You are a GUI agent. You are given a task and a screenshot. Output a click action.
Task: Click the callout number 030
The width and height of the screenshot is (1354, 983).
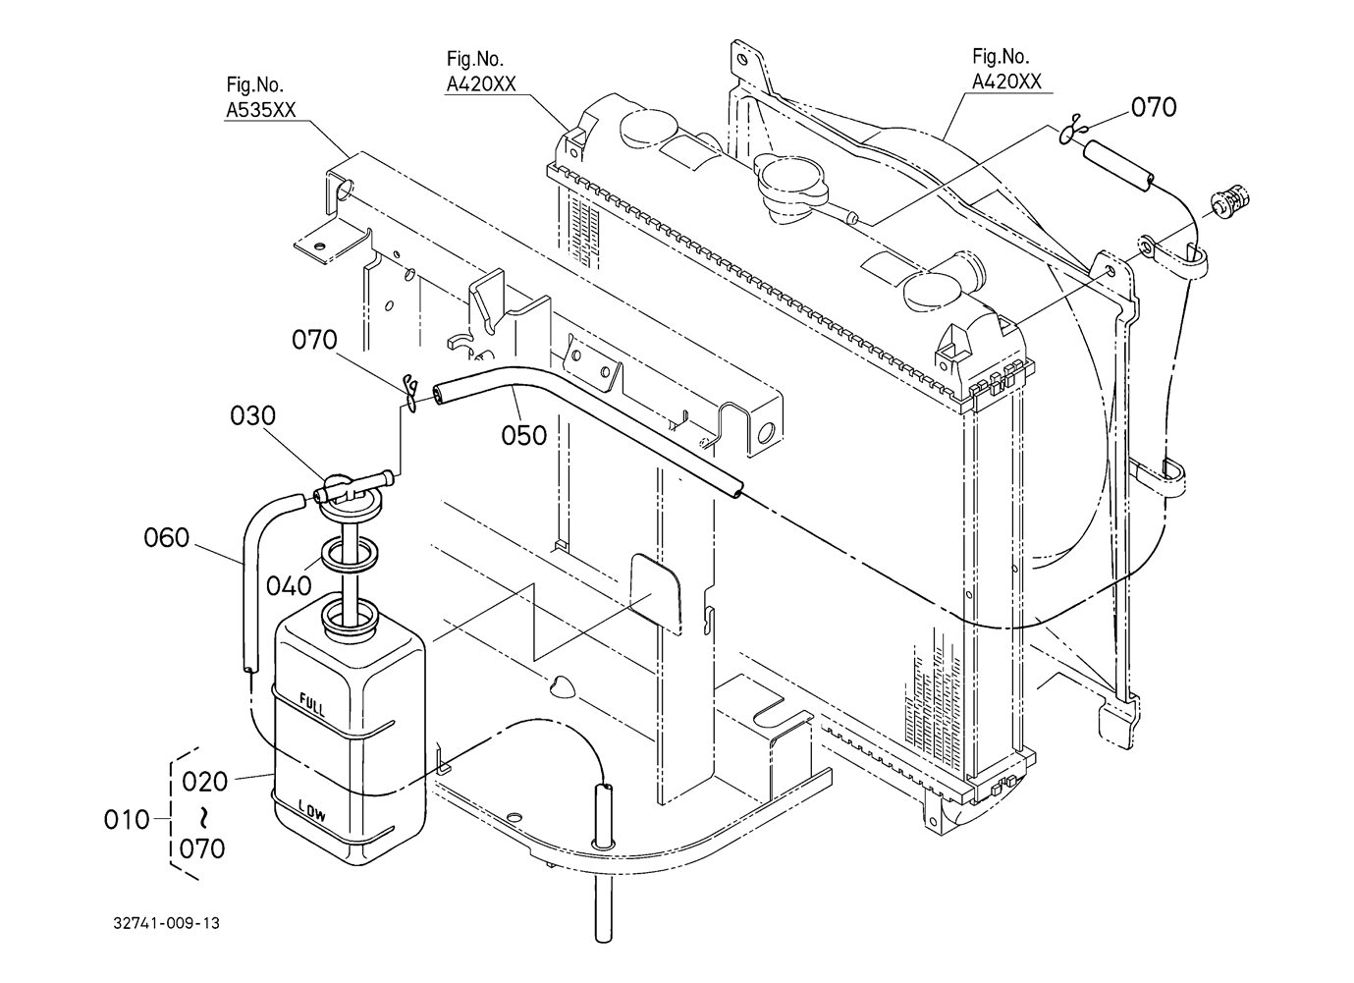pyautogui.click(x=252, y=416)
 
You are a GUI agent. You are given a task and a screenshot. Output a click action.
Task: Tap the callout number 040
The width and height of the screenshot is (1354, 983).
pyautogui.click(x=289, y=586)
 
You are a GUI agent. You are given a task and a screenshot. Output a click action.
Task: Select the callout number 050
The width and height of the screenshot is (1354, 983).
pyautogui.click(x=524, y=435)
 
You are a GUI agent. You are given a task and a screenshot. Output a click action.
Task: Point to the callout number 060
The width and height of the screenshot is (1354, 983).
pyautogui.click(x=166, y=537)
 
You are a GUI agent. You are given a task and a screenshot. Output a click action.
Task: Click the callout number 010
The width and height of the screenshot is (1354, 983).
pyautogui.click(x=127, y=820)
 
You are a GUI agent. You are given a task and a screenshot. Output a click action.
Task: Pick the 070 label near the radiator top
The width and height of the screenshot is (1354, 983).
pyautogui.click(x=1154, y=108)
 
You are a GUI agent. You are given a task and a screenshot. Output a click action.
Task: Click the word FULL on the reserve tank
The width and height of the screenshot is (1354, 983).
pyautogui.click(x=312, y=705)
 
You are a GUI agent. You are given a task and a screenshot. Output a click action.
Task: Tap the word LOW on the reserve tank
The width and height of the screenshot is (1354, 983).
pyautogui.click(x=312, y=810)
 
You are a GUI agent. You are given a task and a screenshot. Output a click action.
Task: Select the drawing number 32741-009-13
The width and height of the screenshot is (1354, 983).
pyautogui.click(x=166, y=923)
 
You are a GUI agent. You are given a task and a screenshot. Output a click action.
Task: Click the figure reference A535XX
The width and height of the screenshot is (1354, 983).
pyautogui.click(x=260, y=110)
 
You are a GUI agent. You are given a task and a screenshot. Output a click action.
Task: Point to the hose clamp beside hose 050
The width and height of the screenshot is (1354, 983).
pyautogui.click(x=411, y=394)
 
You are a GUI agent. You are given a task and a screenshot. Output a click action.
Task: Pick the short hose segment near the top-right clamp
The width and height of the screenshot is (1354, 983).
pyautogui.click(x=1118, y=164)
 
